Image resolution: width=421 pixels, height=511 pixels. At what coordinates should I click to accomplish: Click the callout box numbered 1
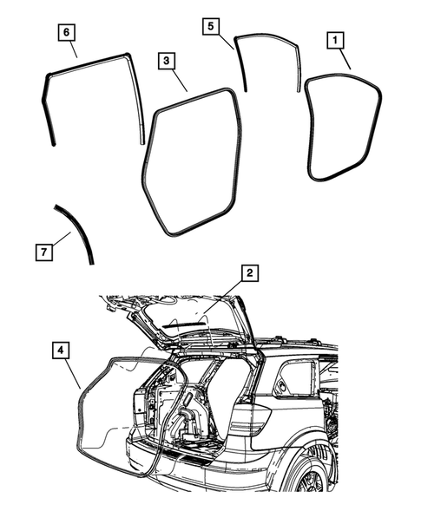click(333, 39)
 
